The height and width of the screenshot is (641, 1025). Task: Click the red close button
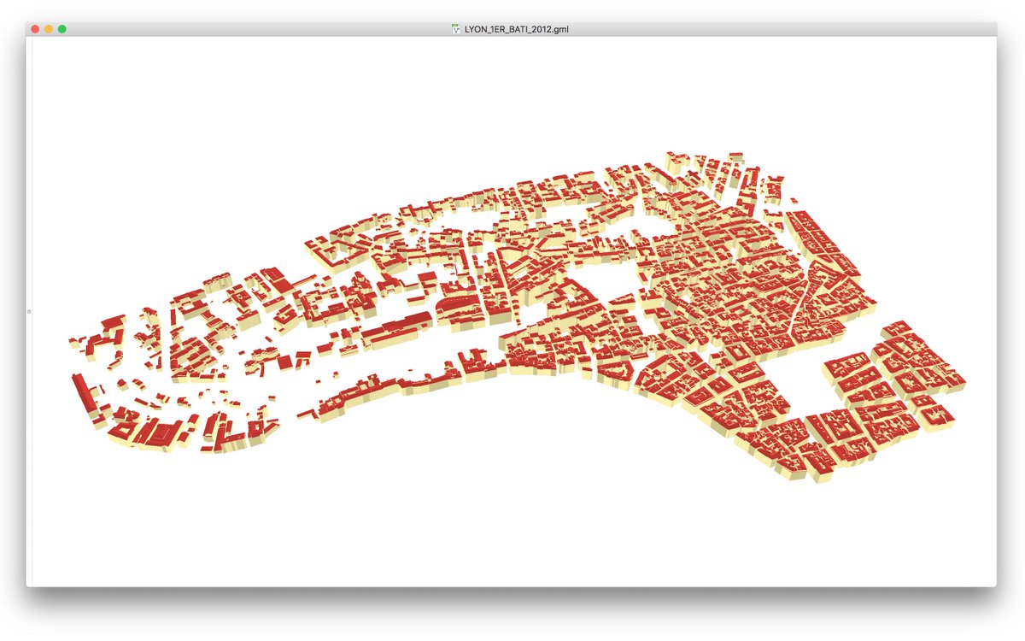point(35,29)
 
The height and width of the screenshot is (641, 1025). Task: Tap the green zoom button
point(62,29)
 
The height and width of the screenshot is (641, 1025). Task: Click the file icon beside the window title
point(456,29)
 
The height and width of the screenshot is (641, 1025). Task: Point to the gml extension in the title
point(560,29)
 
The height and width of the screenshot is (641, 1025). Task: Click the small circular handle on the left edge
point(29,312)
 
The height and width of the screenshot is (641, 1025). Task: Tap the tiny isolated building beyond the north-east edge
point(794,202)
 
